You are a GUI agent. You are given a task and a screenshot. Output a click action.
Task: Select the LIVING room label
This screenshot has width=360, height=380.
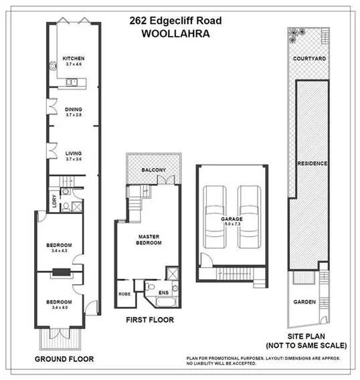[72, 154]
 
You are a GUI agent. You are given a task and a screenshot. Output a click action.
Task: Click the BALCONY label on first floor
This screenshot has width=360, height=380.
[153, 171]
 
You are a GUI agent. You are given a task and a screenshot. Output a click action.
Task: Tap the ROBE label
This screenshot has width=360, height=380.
[124, 293]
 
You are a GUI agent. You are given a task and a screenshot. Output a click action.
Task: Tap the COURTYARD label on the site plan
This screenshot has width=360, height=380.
[309, 59]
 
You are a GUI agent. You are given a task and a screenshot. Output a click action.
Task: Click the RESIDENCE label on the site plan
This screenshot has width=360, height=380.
[312, 163]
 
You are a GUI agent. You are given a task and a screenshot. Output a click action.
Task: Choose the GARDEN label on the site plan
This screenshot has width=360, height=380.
[304, 302]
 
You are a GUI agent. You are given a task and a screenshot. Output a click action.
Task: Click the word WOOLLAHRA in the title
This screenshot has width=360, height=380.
[175, 31]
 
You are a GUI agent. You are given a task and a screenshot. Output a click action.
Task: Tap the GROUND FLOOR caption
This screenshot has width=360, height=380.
[64, 359]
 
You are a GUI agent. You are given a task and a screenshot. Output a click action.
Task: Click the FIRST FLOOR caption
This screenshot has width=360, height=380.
[150, 320]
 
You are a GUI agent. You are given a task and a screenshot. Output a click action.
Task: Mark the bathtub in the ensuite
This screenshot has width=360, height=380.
[154, 286]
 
